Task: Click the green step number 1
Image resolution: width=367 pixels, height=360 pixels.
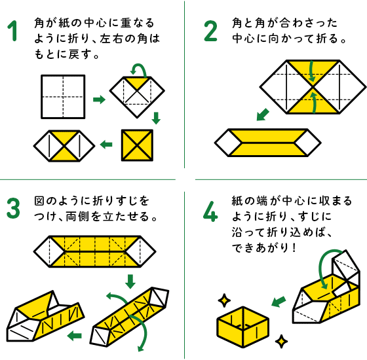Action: pyautogui.click(x=13, y=31)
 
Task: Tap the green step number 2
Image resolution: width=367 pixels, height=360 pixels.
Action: pyautogui.click(x=211, y=31)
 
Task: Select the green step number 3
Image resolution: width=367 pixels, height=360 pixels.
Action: pyautogui.click(x=13, y=208)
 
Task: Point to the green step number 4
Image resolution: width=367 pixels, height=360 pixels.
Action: pyautogui.click(x=210, y=211)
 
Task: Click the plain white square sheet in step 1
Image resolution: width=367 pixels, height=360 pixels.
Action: pyautogui.click(x=63, y=97)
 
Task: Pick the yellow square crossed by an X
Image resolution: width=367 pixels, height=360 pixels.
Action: pyautogui.click(x=137, y=145)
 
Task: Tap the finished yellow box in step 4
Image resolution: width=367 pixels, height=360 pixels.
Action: pyautogui.click(x=242, y=327)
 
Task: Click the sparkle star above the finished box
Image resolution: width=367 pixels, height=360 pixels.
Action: pyautogui.click(x=224, y=300)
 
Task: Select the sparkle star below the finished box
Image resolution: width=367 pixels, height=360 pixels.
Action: pyautogui.click(x=281, y=342)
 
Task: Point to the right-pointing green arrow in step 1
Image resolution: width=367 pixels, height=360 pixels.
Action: pyautogui.click(x=99, y=99)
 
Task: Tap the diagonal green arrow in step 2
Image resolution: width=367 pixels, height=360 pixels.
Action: pyautogui.click(x=263, y=115)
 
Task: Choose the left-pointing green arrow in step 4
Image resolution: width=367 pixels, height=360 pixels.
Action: pyautogui.click(x=279, y=302)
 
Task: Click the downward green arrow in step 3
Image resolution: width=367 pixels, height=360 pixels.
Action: pyautogui.click(x=130, y=281)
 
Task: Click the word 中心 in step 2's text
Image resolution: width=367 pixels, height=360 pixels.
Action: pyautogui.click(x=243, y=39)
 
